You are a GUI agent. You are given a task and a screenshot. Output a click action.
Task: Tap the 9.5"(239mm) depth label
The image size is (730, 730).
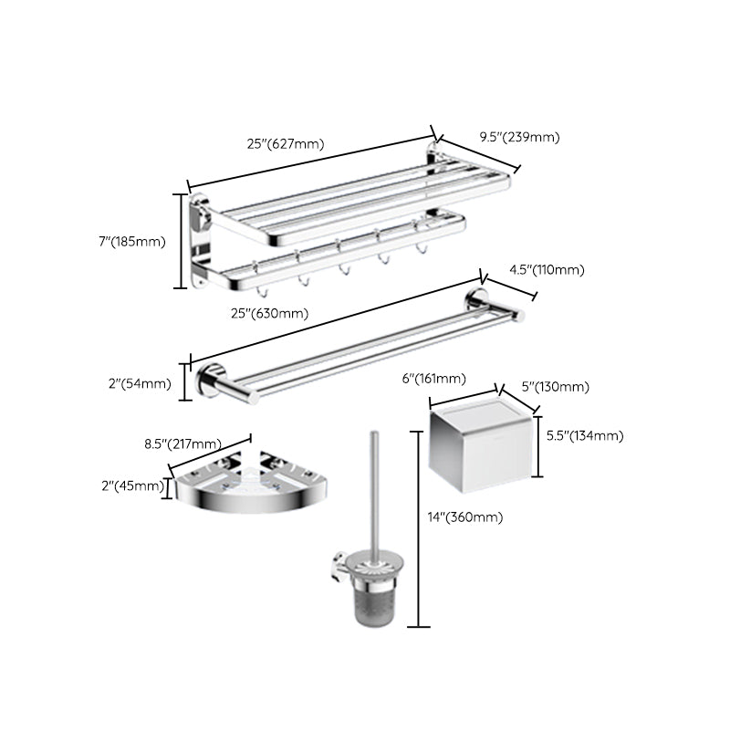(518, 138)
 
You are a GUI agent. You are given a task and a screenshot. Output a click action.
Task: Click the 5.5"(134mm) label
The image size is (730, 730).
(584, 436)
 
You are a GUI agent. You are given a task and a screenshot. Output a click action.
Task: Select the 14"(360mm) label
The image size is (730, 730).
(464, 517)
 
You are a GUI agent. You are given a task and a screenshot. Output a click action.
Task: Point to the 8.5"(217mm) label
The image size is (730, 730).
(183, 444)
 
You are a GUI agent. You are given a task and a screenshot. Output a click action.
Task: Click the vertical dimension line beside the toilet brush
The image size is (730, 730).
(419, 529)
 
